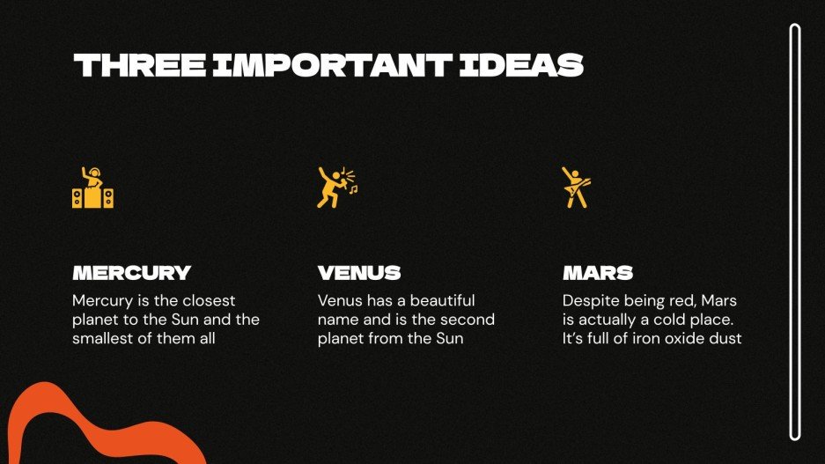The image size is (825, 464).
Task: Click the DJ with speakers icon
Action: (92, 187)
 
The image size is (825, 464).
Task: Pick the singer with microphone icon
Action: (333, 187)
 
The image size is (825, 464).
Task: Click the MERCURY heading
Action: (131, 273)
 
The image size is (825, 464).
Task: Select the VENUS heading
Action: (359, 273)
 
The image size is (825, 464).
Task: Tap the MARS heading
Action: (598, 273)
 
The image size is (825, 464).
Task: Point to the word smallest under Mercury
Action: (107, 337)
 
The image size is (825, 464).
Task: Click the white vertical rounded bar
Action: (795, 232)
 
